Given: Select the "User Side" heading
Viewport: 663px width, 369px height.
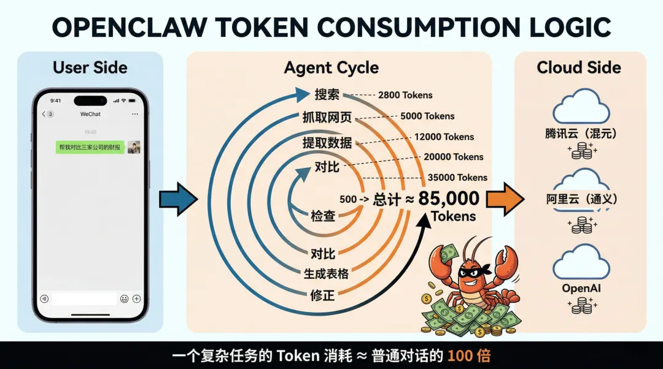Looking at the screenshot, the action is [90, 67].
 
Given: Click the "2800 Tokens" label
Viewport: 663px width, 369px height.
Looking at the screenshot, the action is [405, 95].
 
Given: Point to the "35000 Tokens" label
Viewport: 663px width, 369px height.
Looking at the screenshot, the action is [457, 177].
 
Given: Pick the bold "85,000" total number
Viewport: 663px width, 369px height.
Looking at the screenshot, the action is [449, 198].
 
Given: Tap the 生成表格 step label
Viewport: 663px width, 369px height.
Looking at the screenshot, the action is [327, 273].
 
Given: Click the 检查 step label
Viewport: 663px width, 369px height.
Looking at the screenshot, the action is [323, 216].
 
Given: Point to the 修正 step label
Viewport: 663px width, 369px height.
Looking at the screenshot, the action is [323, 295].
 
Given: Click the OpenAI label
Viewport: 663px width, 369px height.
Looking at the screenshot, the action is [580, 288].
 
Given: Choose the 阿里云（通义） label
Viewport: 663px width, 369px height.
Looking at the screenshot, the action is [581, 199].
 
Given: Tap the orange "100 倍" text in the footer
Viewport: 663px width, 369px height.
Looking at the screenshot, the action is [468, 356].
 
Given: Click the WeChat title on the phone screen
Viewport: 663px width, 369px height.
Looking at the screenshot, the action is [90, 114].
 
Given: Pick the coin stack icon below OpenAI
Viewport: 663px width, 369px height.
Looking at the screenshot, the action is [580, 306].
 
